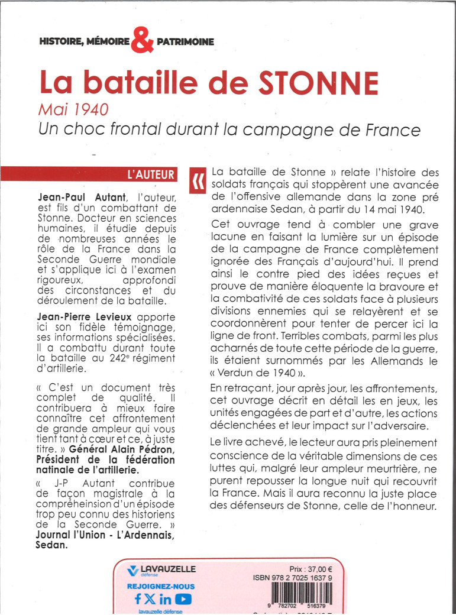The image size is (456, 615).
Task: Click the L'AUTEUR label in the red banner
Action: [151, 174]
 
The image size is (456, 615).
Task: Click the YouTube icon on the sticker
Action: [184, 598]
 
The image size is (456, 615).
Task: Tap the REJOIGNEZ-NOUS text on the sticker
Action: [161, 586]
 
